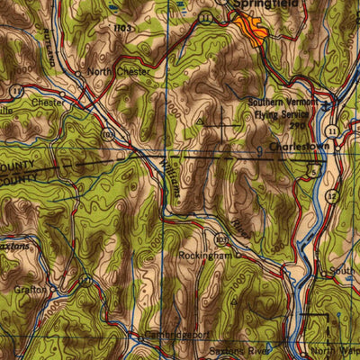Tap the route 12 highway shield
click(x=332, y=195)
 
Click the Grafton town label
click(x=30, y=289)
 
